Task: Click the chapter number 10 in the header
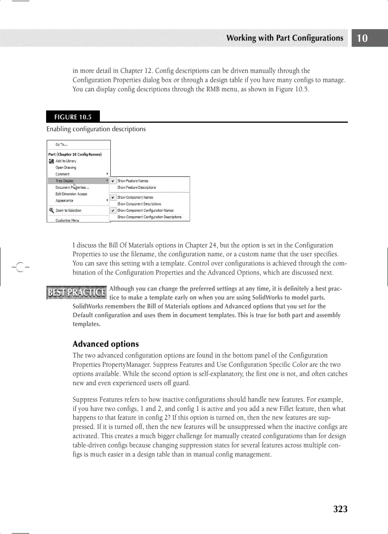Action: pos(362,39)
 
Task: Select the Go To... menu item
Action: pos(62,145)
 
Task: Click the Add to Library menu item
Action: pos(66,161)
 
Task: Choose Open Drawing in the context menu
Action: pos(66,167)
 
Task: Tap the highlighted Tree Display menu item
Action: pos(65,181)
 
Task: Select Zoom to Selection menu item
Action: pos(68,210)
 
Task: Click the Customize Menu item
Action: pos(68,220)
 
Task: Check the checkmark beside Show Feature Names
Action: pos(113,181)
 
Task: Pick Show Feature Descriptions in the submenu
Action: pos(136,187)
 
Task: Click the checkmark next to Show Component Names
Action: pos(113,197)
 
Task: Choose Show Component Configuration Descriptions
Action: pos(149,217)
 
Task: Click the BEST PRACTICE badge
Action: pos(76,292)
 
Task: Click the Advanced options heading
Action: pos(106,344)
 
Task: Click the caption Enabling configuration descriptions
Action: pos(96,129)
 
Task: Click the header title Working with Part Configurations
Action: pos(284,38)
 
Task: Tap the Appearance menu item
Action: pos(64,201)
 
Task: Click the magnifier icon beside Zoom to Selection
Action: pos(51,210)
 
